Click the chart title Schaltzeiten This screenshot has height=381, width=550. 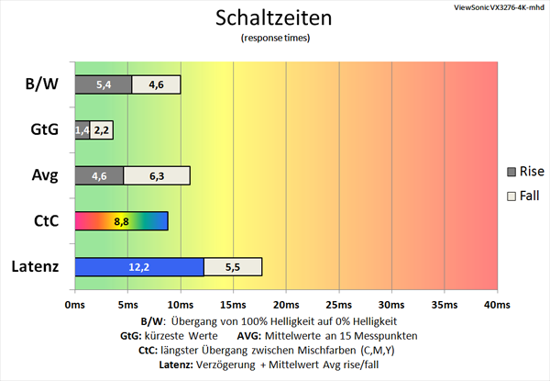(x=274, y=17)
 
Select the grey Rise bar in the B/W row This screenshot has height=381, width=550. (x=103, y=84)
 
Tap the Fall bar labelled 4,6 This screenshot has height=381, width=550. (x=156, y=84)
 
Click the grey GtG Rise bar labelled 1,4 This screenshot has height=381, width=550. (x=82, y=130)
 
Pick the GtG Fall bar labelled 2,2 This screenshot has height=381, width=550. (x=101, y=130)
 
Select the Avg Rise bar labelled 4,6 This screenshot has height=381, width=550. (x=99, y=175)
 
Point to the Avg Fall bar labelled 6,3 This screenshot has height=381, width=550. (x=156, y=175)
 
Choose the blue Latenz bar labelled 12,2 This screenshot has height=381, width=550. (x=138, y=266)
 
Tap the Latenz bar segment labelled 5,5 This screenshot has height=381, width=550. (x=233, y=266)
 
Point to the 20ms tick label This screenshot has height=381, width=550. (x=286, y=304)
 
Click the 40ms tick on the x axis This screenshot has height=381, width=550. (x=497, y=304)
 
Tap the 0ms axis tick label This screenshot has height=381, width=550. (x=74, y=304)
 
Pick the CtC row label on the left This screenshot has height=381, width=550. (x=43, y=221)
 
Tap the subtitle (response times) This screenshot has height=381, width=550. (x=274, y=39)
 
